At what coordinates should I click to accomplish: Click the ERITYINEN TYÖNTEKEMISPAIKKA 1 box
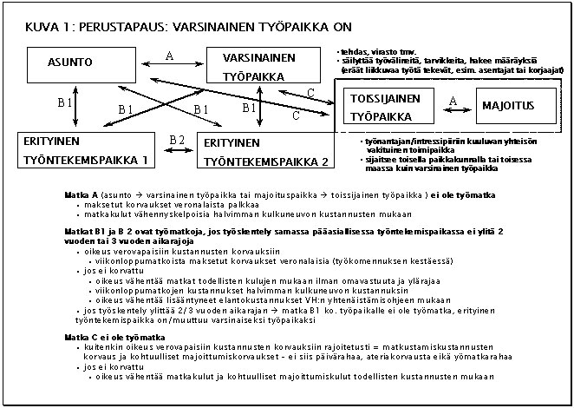84,149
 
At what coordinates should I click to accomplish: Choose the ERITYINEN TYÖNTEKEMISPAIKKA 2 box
265,151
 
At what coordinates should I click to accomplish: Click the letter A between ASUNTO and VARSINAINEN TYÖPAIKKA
169,56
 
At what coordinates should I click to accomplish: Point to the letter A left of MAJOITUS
453,101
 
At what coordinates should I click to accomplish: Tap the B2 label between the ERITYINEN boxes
177,140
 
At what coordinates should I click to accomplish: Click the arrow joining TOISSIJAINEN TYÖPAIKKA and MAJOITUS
453,112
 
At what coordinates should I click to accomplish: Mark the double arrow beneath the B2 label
177,150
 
